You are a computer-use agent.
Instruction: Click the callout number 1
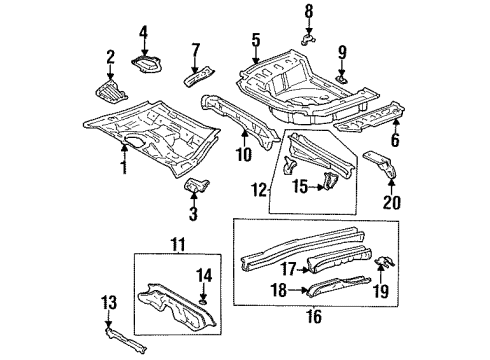coord(123,164)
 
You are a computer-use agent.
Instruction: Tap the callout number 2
coord(111,57)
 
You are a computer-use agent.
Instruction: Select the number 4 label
coord(144,32)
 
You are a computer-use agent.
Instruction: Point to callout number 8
coord(309,11)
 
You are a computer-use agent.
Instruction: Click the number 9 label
coord(341,52)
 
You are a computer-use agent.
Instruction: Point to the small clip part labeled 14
coord(204,297)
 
